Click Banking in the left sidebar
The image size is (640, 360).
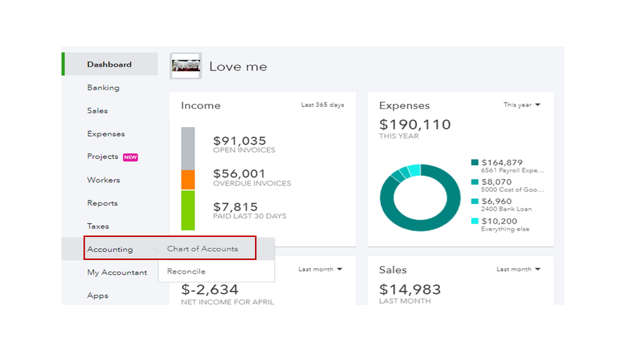tap(103, 88)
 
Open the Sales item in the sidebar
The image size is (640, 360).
tap(97, 111)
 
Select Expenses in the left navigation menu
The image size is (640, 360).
tap(106, 134)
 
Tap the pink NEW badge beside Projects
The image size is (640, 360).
tap(131, 157)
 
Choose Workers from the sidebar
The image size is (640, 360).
tap(103, 180)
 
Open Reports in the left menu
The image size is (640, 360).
tap(103, 203)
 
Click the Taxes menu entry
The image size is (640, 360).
tap(98, 226)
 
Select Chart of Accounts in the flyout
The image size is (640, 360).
tap(202, 249)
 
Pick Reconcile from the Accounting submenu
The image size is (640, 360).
tap(186, 272)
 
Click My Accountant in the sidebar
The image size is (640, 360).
tap(117, 272)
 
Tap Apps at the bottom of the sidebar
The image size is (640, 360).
tap(97, 295)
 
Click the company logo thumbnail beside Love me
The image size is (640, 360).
tap(186, 66)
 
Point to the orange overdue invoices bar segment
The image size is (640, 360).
tap(188, 180)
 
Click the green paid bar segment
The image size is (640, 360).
tap(188, 210)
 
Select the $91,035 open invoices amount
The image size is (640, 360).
tap(240, 141)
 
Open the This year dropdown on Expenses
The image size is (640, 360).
tap(521, 105)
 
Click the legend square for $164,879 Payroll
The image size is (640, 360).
tap(475, 163)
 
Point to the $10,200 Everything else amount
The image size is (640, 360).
tap(499, 221)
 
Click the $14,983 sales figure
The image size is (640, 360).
tap(410, 290)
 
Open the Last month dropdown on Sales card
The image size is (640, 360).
tap(518, 270)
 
